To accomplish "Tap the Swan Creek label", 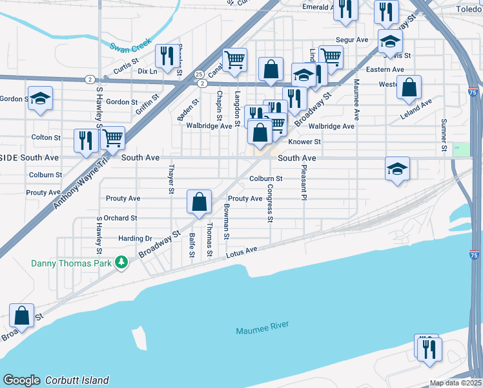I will point(130,46).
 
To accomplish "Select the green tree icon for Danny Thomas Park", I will point(120,262).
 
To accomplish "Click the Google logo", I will point(21,380).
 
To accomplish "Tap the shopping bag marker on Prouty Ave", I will point(200,202).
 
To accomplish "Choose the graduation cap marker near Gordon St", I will point(41,99).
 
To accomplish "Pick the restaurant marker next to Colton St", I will point(85,141).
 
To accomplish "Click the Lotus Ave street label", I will point(242,252).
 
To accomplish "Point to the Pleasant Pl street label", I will point(302,182).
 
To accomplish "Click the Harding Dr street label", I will point(135,238).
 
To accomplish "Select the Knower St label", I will point(305,142).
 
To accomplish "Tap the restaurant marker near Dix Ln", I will point(167,56).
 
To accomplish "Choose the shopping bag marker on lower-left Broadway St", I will point(22,316).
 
